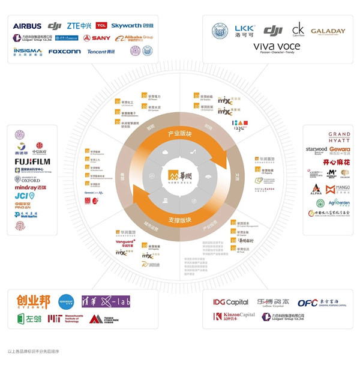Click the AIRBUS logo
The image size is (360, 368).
[27, 26]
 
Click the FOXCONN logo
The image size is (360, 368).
[64, 52]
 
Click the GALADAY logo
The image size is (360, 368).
[328, 31]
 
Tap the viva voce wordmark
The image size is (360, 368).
[281, 47]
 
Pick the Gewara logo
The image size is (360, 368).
[338, 149]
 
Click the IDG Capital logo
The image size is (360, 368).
[231, 302]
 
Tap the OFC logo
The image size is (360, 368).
[320, 303]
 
